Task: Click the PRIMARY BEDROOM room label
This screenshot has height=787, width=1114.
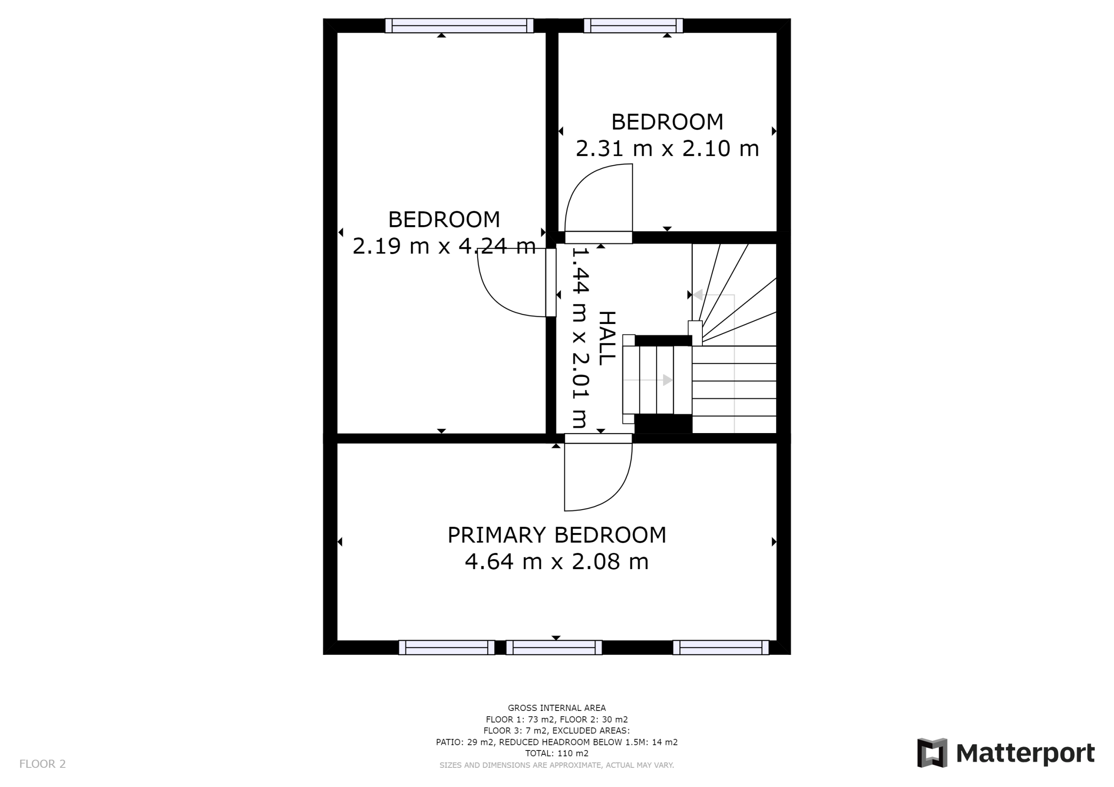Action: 557,535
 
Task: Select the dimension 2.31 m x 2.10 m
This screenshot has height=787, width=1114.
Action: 667,148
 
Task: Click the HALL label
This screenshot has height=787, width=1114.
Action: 607,338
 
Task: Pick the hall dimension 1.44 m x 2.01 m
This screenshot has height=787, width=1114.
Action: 581,338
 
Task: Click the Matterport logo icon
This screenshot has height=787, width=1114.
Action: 932,753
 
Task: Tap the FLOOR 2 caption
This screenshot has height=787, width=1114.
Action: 42,764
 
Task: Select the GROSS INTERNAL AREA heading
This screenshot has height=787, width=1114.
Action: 557,708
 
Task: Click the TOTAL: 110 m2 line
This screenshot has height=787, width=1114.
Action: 557,754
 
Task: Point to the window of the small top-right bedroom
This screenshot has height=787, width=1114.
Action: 633,26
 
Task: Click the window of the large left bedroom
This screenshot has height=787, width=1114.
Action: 460,26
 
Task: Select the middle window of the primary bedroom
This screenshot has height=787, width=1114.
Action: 554,647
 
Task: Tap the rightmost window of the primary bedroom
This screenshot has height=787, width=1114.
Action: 721,647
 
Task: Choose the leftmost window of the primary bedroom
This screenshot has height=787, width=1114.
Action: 446,647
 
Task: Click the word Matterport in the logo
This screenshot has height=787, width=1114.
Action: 1025,754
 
